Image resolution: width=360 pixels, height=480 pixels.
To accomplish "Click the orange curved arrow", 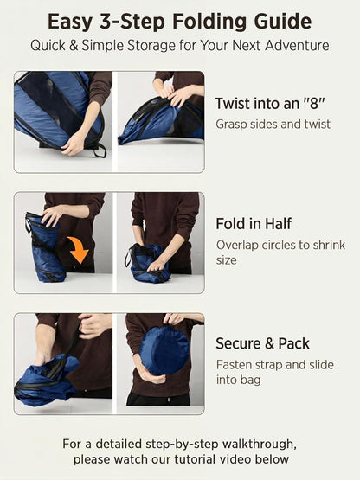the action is [80, 248].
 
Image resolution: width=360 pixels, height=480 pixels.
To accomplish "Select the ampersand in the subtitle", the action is [74, 46].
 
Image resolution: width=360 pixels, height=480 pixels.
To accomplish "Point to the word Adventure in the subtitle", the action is [297, 45].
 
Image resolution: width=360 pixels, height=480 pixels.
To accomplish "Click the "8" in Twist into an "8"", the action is [313, 104].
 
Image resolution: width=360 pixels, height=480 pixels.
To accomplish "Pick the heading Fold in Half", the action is [254, 224].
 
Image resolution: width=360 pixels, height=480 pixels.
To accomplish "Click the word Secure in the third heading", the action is [239, 343].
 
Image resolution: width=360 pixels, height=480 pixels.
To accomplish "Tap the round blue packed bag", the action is [164, 350].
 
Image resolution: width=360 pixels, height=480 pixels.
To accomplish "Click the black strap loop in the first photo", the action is [100, 150].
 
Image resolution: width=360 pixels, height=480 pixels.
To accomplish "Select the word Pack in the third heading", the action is [293, 343].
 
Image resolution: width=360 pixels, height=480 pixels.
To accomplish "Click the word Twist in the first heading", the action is [231, 104].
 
